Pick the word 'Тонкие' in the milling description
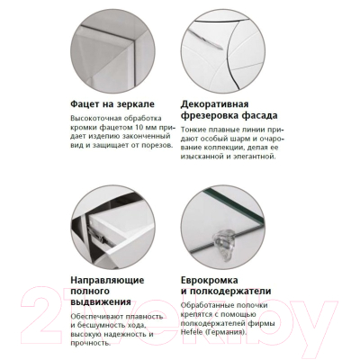pos(195,132)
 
